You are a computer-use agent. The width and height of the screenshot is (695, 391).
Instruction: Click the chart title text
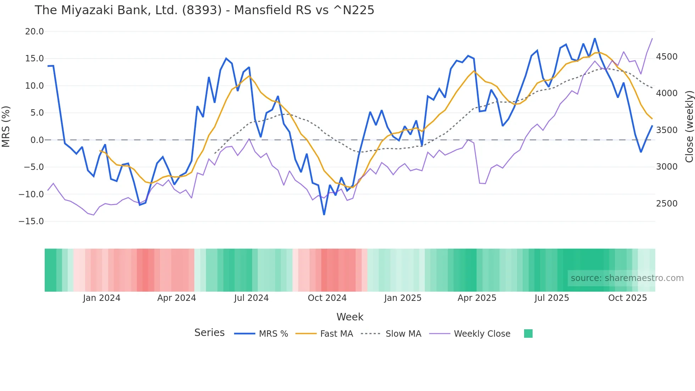204,10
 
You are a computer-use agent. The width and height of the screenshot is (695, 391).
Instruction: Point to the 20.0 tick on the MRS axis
34,32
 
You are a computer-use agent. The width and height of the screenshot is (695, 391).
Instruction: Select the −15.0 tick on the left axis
31,221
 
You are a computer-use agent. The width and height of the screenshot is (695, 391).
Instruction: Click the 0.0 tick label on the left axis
37,140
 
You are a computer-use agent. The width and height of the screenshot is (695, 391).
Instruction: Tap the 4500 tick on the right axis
667,57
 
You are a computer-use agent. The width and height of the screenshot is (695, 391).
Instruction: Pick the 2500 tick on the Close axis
667,204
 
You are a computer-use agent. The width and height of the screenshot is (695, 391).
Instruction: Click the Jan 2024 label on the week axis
101,298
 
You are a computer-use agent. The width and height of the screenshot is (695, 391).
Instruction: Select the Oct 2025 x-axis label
627,298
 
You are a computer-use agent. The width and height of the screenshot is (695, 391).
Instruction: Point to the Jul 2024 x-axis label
251,298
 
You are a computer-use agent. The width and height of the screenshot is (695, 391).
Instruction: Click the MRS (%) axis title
6,126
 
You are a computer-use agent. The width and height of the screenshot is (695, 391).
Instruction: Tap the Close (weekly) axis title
689,126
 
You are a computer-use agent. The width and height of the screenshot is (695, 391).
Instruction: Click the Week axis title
350,317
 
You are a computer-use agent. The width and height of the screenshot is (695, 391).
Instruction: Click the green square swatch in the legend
528,334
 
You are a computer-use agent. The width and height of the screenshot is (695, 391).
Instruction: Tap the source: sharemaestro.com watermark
627,278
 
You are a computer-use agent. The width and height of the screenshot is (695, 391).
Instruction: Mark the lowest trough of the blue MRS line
324,214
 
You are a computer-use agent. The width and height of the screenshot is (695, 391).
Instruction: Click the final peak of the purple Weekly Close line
652,39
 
